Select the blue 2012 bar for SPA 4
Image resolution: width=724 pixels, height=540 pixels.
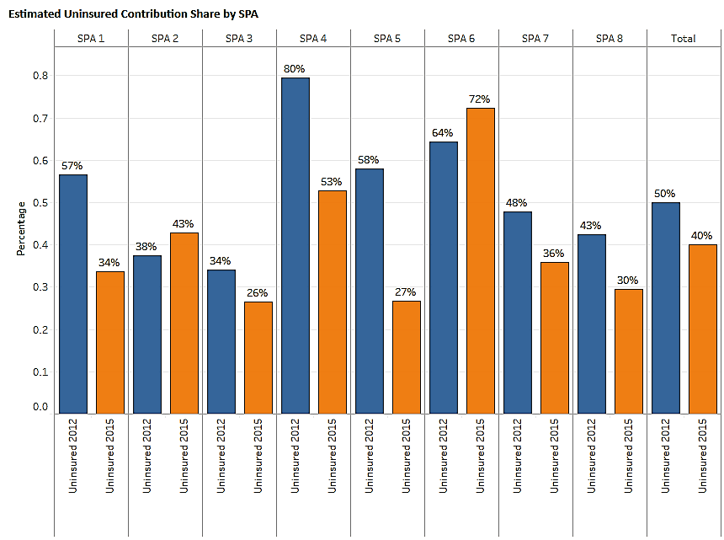pyautogui.click(x=295, y=245)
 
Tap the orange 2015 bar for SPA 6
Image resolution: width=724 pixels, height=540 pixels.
pyautogui.click(x=480, y=260)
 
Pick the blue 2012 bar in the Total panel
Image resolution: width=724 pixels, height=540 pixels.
pyautogui.click(x=665, y=307)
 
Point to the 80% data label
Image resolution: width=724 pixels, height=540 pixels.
pyautogui.click(x=295, y=68)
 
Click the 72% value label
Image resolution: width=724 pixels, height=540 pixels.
pyautogui.click(x=480, y=99)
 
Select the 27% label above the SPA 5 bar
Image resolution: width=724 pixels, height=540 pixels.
pyautogui.click(x=406, y=291)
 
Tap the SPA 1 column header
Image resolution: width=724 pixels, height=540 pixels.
pyautogui.click(x=91, y=38)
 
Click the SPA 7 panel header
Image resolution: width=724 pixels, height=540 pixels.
pyautogui.click(x=535, y=38)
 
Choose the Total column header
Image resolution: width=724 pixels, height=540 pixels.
pyautogui.click(x=684, y=38)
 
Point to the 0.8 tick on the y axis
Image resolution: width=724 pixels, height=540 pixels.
pyautogui.click(x=40, y=76)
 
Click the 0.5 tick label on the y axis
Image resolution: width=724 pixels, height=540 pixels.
pyautogui.click(x=40, y=203)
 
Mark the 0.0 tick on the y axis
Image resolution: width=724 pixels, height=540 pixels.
pyautogui.click(x=40, y=407)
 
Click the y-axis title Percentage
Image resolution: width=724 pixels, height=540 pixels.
pyautogui.click(x=21, y=228)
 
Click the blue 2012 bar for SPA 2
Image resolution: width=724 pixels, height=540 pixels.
pyautogui.click(x=146, y=334)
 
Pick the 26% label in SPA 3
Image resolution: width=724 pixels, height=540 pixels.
pyautogui.click(x=258, y=292)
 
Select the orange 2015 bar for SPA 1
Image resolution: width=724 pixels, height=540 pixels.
pyautogui.click(x=109, y=342)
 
